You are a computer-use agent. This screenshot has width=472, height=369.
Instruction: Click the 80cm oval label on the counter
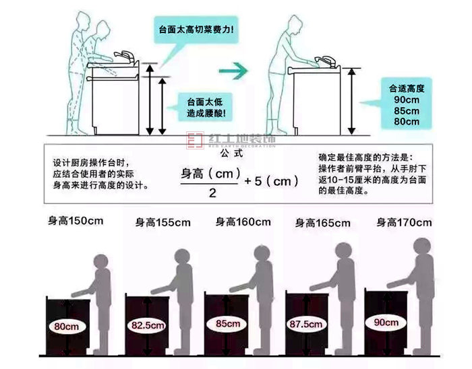click(66, 326)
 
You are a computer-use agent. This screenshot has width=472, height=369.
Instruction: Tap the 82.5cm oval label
click(148, 326)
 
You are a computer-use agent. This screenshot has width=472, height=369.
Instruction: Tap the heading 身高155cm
click(163, 222)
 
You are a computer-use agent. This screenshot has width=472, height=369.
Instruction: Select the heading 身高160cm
click(243, 222)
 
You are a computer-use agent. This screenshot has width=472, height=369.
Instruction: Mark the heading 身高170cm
click(405, 222)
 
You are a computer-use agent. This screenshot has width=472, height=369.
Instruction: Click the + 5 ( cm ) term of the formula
click(271, 181)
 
